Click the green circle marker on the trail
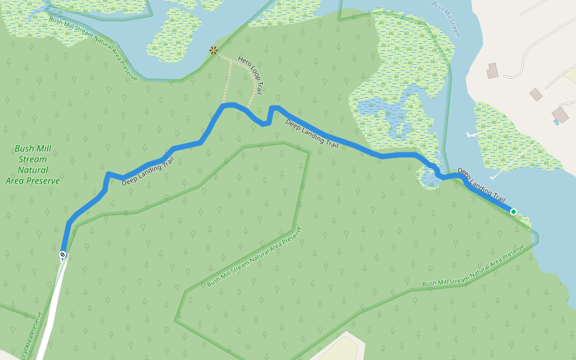coord(513,212)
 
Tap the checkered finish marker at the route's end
coord(62,255)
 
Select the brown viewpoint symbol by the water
coord(213,50)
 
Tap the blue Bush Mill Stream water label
coord(446,19)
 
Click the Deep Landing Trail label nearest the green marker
coord(481,184)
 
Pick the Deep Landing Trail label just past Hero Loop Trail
coord(312,133)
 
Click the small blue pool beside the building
coord(556,122)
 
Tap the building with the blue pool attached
coord(560,114)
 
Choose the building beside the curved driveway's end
coord(493,71)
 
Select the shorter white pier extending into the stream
coord(472,135)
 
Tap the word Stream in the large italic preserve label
coord(32,160)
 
